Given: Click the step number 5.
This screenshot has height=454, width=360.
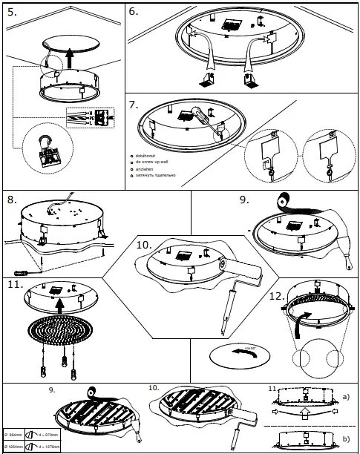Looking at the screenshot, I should (13, 12).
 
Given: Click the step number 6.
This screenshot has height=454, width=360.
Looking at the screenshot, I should (134, 12).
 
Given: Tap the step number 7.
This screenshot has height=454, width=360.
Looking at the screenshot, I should (134, 105).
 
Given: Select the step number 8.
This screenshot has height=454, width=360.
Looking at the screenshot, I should (13, 200).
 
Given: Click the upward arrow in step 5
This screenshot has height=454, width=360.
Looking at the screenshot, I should (69, 55).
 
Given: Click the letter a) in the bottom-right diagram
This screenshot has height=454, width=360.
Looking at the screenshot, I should (346, 397).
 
